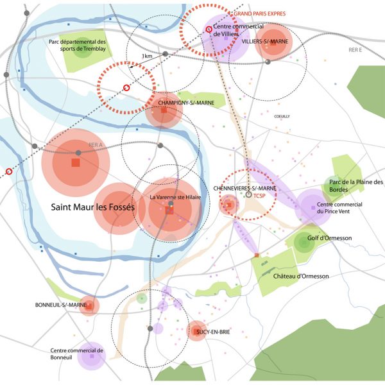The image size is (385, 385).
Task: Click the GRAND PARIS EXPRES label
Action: (260, 13)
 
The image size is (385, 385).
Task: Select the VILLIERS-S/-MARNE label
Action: (265, 41)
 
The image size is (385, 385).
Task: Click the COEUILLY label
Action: (282, 116)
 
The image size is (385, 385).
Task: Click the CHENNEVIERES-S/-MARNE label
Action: (244, 188)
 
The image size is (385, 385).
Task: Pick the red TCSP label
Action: (259, 195)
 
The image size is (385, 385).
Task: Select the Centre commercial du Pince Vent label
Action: (358, 208)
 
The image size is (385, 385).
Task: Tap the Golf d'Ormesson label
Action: (329, 239)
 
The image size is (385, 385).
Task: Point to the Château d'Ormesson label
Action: (301, 276)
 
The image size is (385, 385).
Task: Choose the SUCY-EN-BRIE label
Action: (213, 332)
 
